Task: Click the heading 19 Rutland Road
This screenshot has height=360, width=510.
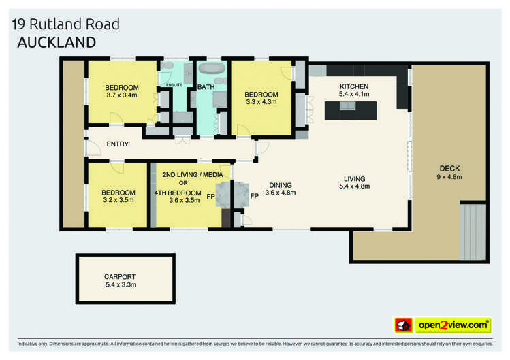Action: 66,24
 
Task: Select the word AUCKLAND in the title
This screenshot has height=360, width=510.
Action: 55,42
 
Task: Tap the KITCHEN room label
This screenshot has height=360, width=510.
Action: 354,86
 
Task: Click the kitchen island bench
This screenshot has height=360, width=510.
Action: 351,110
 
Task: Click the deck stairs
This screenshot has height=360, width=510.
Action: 473,232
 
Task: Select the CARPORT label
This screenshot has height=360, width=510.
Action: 120,277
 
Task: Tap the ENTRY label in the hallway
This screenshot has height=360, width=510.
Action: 117,144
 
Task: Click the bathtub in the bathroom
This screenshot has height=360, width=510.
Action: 212,69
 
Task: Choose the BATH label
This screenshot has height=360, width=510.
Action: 206,87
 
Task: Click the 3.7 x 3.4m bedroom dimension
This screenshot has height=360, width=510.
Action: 122,95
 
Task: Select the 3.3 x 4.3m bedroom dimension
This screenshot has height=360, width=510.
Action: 261,102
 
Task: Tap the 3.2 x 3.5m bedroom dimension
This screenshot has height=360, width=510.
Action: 119,201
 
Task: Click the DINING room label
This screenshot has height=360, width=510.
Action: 280,184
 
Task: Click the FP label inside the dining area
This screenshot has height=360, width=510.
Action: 254,196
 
